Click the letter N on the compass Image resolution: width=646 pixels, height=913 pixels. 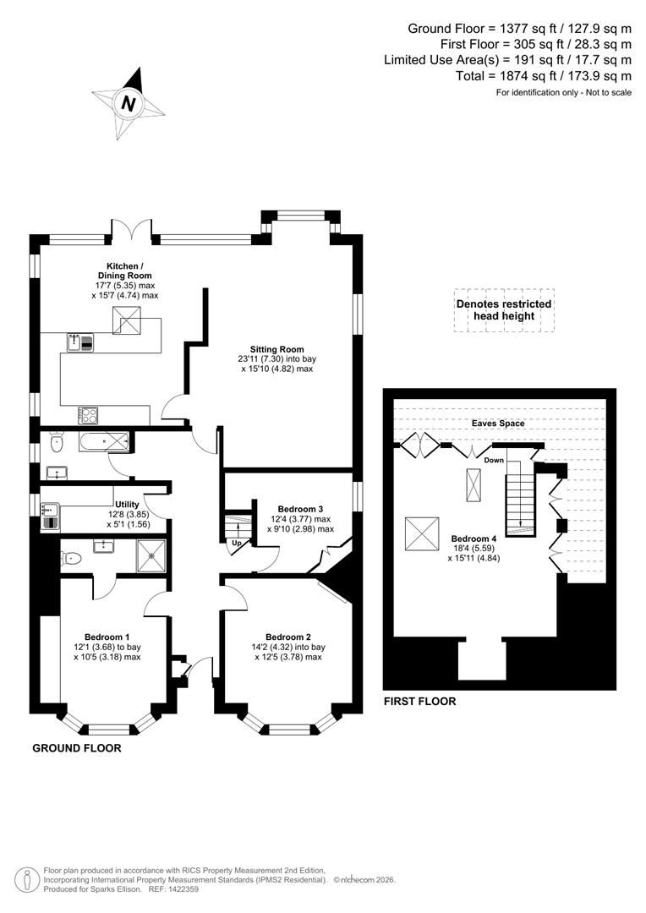point(129,104)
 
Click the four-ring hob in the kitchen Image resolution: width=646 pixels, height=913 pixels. point(88,414)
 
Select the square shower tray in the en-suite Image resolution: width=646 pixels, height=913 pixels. point(152,556)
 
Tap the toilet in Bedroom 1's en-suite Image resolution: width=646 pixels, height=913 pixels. point(72,558)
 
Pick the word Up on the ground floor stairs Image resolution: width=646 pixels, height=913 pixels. point(238,542)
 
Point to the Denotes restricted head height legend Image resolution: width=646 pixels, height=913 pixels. point(504,309)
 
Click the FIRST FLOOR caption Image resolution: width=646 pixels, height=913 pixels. point(419,701)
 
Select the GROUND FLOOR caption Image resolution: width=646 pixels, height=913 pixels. point(77,748)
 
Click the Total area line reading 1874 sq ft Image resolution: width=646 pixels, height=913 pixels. point(543,75)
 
